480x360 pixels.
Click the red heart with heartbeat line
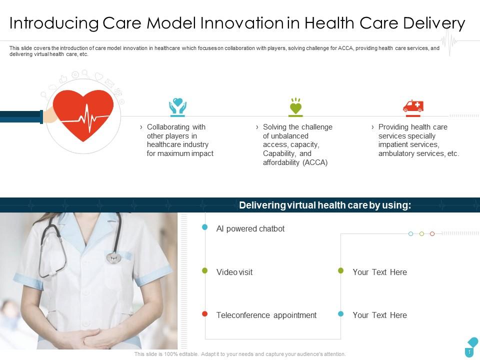84,114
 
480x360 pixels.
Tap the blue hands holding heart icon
177,106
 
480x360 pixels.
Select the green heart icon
295,106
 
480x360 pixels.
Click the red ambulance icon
413,106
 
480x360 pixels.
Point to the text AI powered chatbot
250,228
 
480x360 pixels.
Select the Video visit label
234,272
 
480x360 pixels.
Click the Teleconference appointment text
266,315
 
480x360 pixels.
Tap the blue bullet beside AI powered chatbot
204,227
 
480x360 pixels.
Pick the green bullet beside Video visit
204,270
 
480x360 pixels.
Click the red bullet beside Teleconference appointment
204,313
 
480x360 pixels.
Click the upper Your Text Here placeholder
379,272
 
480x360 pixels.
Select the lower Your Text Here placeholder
379,315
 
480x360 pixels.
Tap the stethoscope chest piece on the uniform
113,257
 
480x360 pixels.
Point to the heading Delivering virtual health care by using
325,205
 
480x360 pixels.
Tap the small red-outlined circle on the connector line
432,233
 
